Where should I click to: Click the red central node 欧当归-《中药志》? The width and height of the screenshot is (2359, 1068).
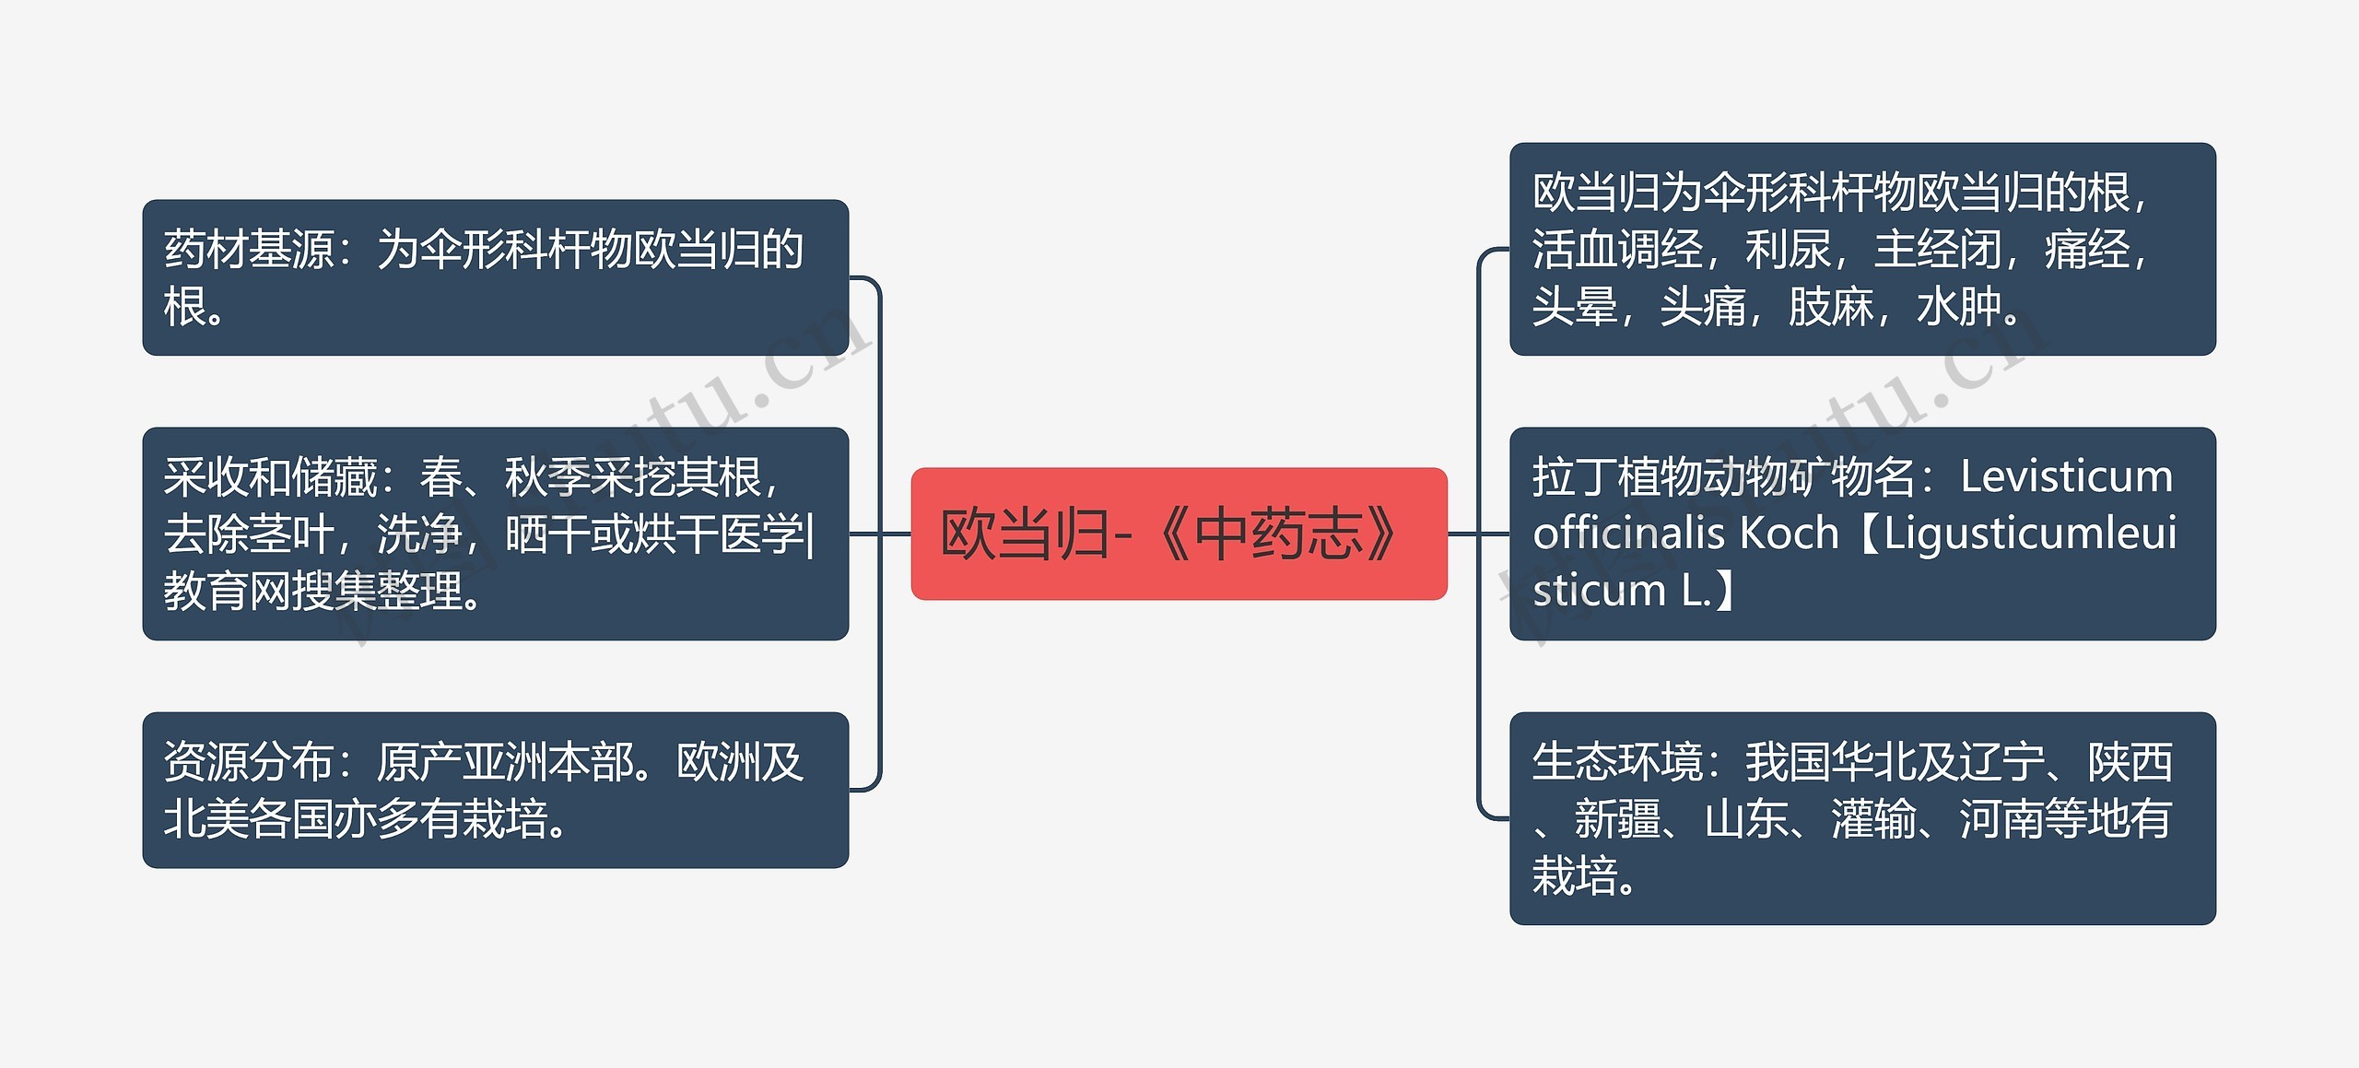(1179, 534)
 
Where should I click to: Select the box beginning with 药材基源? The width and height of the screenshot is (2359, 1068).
(495, 277)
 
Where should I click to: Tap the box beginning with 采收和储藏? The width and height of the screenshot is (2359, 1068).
(495, 534)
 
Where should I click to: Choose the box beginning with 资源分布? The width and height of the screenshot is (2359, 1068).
(495, 790)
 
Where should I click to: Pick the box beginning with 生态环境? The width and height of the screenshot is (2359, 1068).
(1861, 818)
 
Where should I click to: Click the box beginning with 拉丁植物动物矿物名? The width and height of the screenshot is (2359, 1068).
(1861, 534)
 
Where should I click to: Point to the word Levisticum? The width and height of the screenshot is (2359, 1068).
(2066, 477)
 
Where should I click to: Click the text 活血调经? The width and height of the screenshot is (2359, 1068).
(1617, 250)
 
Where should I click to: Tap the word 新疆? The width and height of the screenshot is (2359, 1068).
(1617, 818)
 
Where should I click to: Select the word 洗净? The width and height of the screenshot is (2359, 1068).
(419, 534)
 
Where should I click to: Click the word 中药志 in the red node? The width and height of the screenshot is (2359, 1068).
(1279, 534)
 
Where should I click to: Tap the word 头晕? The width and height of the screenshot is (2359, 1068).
(1574, 307)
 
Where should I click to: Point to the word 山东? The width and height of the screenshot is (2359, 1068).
(1746, 818)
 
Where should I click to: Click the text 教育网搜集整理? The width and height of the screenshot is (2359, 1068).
(313, 592)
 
